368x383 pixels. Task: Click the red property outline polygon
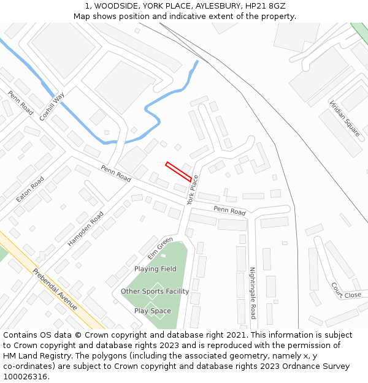[x=178, y=172]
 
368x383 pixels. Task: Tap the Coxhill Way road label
[x=52, y=106]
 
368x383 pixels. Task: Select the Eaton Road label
[x=30, y=190]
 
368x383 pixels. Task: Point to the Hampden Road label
[x=86, y=229]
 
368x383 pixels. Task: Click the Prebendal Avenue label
[x=55, y=289]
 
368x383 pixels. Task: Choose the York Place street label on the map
[x=193, y=189]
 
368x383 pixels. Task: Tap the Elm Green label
[x=160, y=248]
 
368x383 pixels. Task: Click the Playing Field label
[x=155, y=269]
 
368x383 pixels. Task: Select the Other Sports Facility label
[x=155, y=292]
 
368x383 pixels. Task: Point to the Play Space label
[x=153, y=311]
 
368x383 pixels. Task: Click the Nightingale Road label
[x=252, y=293]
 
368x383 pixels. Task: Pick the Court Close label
[x=346, y=290]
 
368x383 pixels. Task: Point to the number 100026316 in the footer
[x=26, y=376]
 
